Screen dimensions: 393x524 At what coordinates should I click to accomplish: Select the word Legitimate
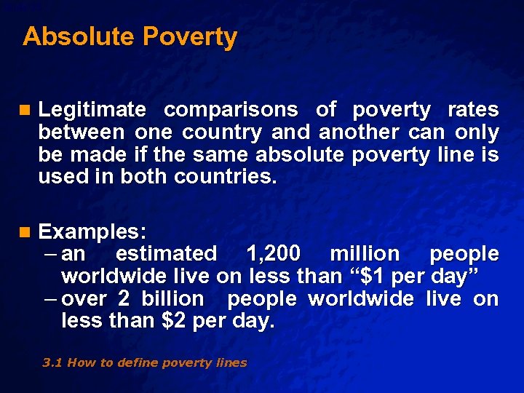click(92, 110)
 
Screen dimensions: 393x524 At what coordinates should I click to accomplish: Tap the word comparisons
click(231, 110)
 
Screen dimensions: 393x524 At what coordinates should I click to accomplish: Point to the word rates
click(473, 110)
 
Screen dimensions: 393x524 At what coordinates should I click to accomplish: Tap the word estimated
click(166, 253)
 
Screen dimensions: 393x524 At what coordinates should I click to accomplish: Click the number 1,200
click(273, 253)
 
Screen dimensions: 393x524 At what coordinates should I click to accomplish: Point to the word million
click(365, 253)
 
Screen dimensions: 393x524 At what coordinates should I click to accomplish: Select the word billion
click(172, 299)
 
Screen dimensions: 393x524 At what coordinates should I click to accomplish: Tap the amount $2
click(175, 321)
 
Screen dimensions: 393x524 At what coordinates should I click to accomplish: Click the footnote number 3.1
click(52, 362)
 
